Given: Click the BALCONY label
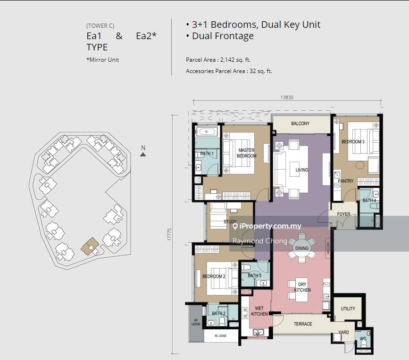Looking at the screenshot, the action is [x=300, y=123].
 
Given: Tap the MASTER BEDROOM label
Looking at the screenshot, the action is [x=247, y=153].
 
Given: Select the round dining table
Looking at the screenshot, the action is [x=302, y=248].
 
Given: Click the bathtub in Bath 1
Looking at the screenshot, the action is [x=206, y=131].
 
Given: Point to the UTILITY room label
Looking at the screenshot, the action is [x=348, y=309].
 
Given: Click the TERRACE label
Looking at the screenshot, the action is [x=303, y=324].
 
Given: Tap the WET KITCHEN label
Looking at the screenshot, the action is [x=259, y=311].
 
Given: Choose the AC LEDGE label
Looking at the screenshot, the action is [x=196, y=322].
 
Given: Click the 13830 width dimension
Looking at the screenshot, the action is [x=287, y=98].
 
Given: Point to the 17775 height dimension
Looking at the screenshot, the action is [x=169, y=234].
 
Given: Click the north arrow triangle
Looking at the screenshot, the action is [x=143, y=155].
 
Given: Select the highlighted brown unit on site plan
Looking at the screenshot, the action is [x=90, y=245].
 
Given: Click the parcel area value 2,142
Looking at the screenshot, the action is [x=227, y=60].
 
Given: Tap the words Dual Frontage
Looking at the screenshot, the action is [x=223, y=36].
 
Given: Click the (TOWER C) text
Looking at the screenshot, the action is [x=100, y=26].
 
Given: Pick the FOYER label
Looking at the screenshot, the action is [x=343, y=214].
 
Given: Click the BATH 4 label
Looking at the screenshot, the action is [x=369, y=200].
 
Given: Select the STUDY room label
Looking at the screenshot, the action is [x=230, y=221].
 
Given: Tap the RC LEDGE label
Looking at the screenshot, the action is [x=220, y=336].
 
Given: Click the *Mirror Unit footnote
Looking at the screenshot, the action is [x=102, y=60].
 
